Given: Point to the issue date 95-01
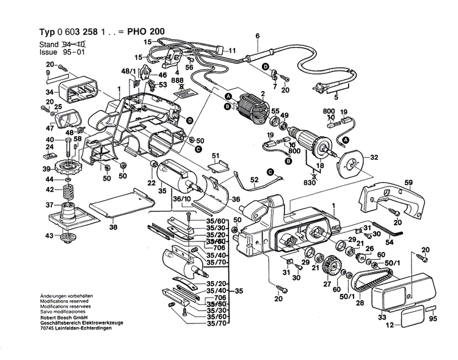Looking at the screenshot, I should pos(76,53).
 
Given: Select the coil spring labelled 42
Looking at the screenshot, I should pos(68,191).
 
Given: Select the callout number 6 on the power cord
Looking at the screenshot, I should pos(257,35).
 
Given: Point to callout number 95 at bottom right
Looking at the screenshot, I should pos(434,318).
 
